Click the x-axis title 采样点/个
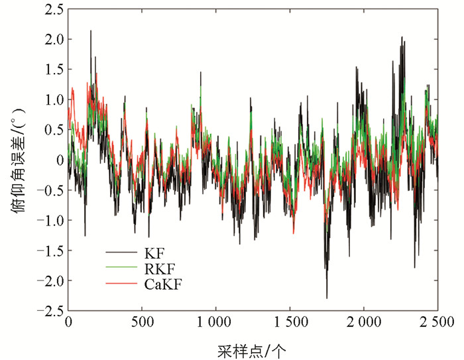[x=252, y=349]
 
